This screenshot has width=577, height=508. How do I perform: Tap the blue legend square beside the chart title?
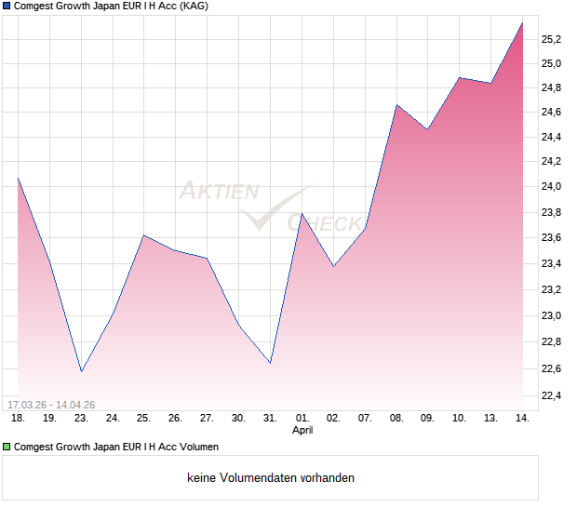[7, 7]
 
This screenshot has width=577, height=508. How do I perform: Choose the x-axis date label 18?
[18, 419]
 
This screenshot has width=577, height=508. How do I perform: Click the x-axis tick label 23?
[81, 419]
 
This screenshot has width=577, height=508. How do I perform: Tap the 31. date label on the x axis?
[271, 419]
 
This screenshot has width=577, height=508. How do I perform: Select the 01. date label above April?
[302, 419]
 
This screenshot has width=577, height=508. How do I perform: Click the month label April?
[302, 431]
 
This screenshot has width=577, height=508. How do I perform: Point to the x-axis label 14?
[523, 419]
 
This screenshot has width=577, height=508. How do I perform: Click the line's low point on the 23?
[81, 371]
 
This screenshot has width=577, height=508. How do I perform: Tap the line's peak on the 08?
[397, 105]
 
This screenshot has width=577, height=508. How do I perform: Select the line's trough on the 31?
[271, 363]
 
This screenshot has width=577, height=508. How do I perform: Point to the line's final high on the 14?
[522, 23]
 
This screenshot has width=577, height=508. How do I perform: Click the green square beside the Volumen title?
[7, 448]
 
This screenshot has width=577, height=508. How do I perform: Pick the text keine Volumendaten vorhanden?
[271, 478]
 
